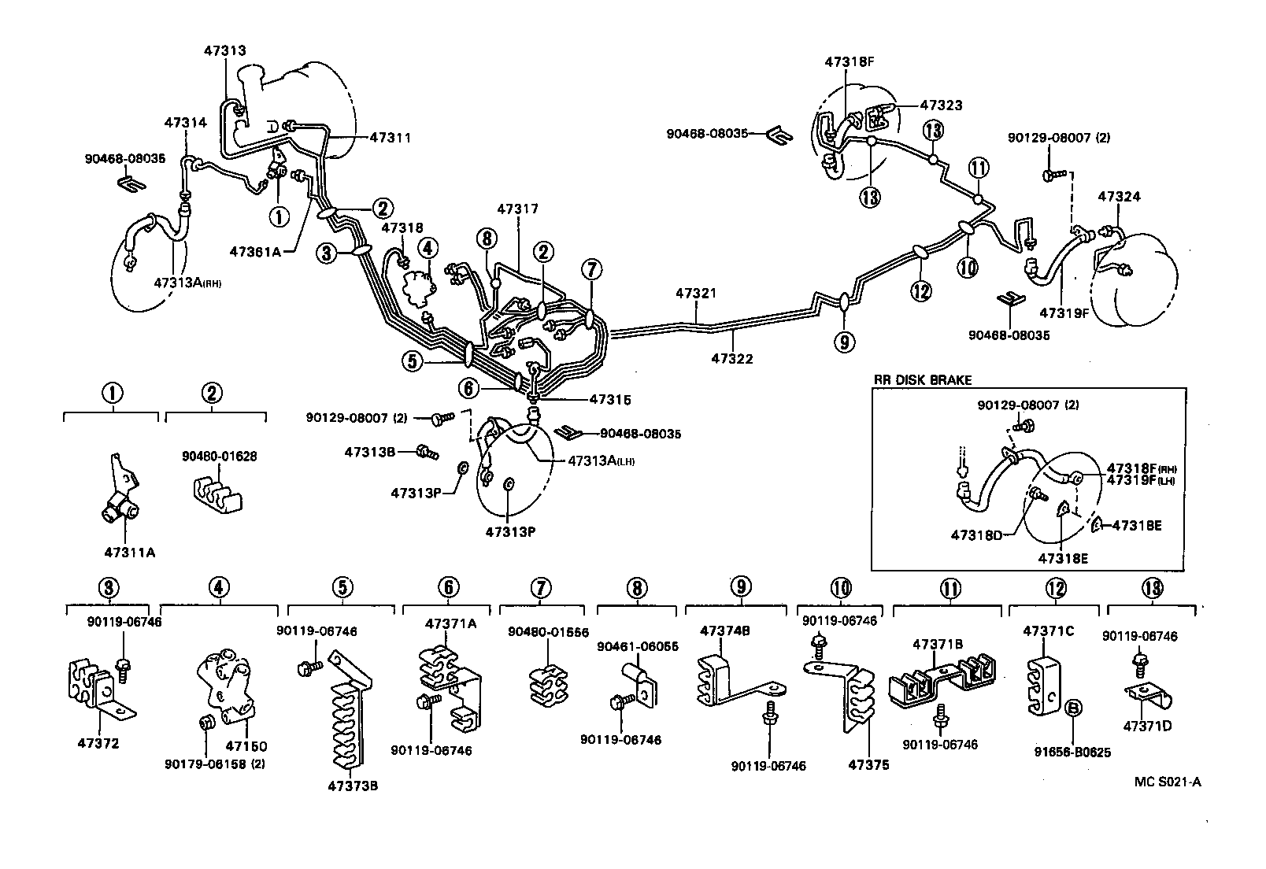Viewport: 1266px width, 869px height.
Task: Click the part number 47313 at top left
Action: [224, 50]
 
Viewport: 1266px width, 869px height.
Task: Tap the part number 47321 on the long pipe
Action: [696, 293]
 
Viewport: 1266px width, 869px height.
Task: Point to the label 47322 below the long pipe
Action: [732, 358]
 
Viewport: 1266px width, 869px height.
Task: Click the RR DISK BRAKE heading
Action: [922, 379]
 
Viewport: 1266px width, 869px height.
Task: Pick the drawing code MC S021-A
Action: [1168, 782]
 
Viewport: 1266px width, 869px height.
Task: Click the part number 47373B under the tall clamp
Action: [348, 786]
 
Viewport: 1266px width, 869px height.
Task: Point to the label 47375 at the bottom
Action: [868, 765]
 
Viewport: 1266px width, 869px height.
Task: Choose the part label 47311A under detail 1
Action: [130, 552]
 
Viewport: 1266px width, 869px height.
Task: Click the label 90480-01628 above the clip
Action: [219, 457]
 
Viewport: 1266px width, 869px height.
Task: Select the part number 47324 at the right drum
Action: [1120, 197]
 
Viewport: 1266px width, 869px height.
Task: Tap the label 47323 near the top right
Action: [941, 105]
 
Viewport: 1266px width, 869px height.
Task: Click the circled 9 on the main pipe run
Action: [844, 342]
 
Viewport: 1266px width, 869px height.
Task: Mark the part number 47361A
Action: [256, 252]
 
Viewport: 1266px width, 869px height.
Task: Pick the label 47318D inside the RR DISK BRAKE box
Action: [976, 535]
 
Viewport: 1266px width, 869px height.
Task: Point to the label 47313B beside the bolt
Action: [369, 452]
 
